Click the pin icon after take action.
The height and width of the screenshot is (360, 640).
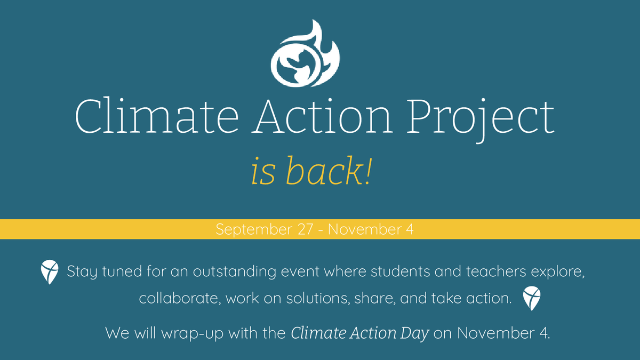coord(532,298)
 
